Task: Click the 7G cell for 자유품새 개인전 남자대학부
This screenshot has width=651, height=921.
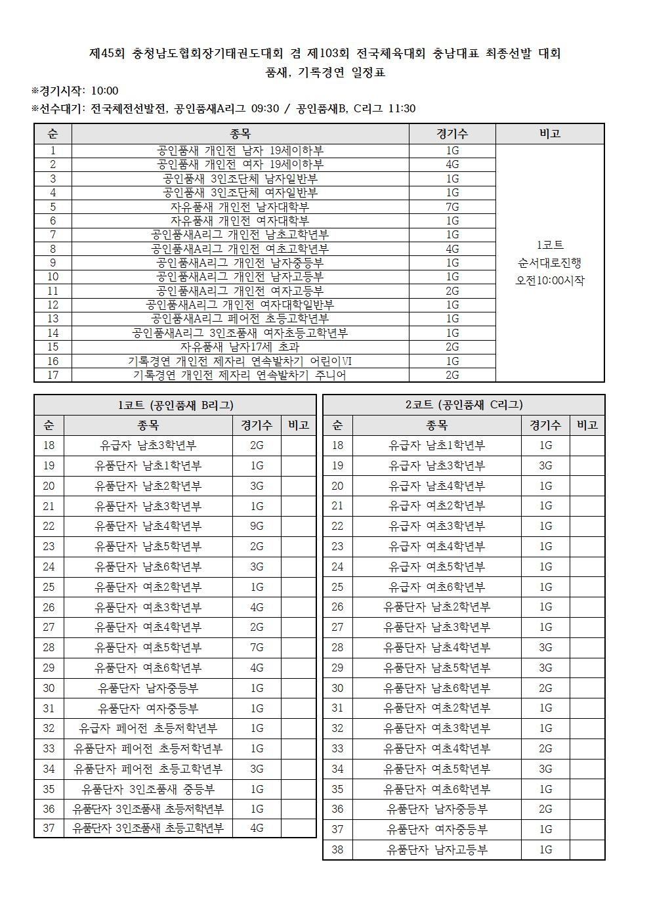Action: (452, 207)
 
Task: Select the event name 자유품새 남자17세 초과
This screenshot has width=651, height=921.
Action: (240, 347)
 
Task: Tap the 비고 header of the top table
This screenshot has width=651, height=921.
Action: (549, 134)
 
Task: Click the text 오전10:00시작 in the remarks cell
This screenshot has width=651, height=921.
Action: (550, 281)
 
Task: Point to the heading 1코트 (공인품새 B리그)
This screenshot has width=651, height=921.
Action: (175, 405)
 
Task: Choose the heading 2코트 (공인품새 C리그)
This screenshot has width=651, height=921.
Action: (463, 405)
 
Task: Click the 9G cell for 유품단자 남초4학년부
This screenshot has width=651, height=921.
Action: (257, 526)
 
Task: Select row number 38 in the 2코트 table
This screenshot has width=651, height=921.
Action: (337, 850)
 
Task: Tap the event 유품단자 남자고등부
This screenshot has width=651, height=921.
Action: (437, 850)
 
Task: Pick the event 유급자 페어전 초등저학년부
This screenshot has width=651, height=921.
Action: (148, 729)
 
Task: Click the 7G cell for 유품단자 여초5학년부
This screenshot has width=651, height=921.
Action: (257, 648)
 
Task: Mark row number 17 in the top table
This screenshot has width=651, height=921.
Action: (53, 375)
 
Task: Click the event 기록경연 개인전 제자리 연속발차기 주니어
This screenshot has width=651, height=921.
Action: (240, 375)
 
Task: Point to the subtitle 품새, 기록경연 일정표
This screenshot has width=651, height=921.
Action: (325, 73)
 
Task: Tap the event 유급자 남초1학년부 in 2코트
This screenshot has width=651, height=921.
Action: (437, 446)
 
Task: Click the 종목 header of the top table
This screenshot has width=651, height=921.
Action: (240, 134)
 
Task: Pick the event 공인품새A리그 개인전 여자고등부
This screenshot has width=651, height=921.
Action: (240, 291)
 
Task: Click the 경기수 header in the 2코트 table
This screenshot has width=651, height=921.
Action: (545, 425)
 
